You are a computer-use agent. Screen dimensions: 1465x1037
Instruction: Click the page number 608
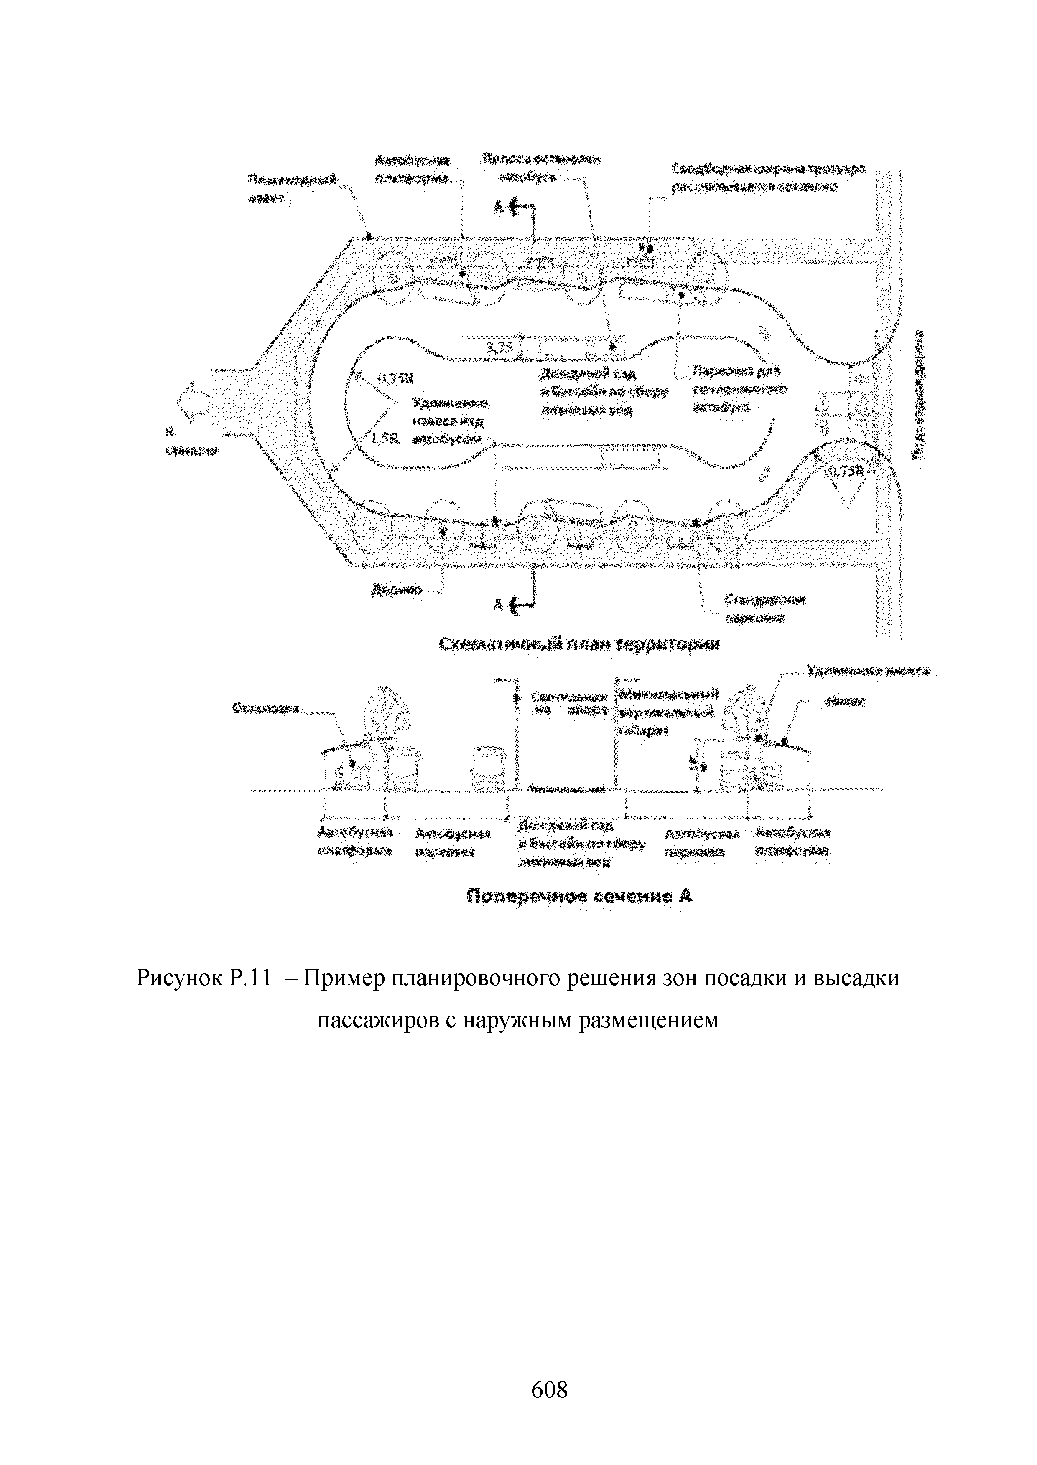coord(549,1389)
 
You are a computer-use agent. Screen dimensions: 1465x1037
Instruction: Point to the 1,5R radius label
coord(384,439)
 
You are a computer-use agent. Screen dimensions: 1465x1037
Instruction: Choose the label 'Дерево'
coord(397,590)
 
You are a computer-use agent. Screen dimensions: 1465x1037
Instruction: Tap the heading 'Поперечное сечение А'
coord(580,897)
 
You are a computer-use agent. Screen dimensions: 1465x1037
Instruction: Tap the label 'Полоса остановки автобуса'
coord(541,168)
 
